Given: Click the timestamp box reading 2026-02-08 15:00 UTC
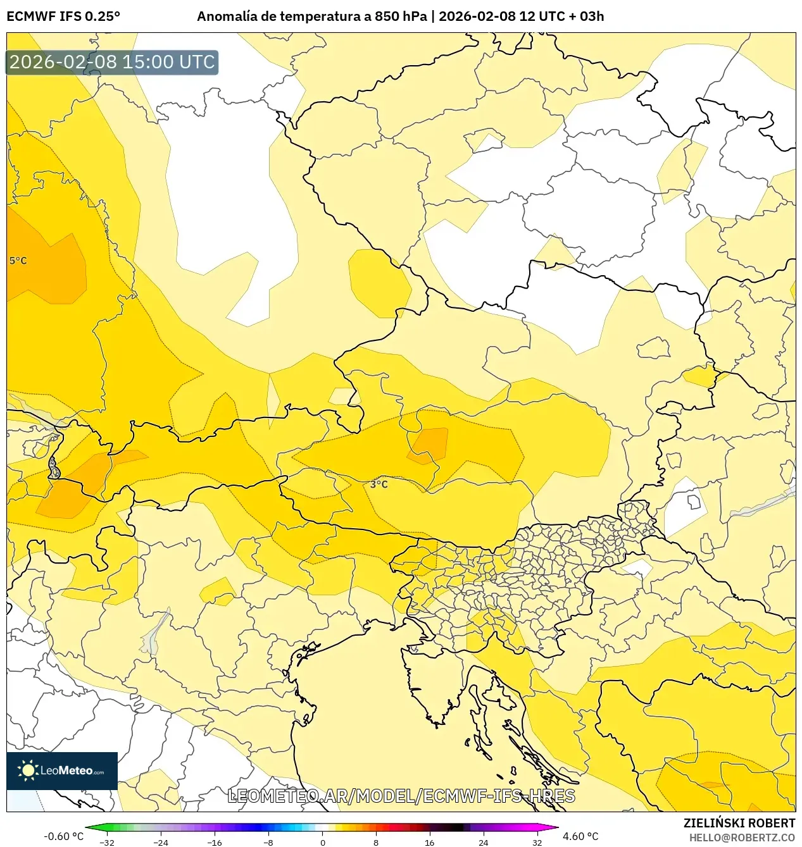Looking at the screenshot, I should click(112, 62).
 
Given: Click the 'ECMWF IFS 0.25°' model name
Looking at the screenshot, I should click(63, 16).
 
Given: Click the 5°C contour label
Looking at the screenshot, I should click(18, 261).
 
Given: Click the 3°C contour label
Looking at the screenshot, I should click(379, 484).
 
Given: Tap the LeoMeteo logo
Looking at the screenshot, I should click(62, 770).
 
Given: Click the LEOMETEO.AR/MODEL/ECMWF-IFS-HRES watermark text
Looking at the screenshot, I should click(401, 796).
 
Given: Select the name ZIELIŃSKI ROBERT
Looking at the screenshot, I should click(739, 823).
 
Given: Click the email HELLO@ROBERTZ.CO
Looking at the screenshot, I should click(742, 838).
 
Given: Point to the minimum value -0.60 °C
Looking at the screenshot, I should click(63, 836).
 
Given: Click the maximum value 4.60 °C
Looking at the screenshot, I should click(580, 836).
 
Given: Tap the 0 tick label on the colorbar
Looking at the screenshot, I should click(322, 843).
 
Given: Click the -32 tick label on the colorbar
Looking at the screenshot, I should click(107, 843).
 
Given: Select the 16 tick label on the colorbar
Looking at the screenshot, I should click(429, 843).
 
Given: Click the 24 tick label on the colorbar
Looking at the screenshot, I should click(483, 843).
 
